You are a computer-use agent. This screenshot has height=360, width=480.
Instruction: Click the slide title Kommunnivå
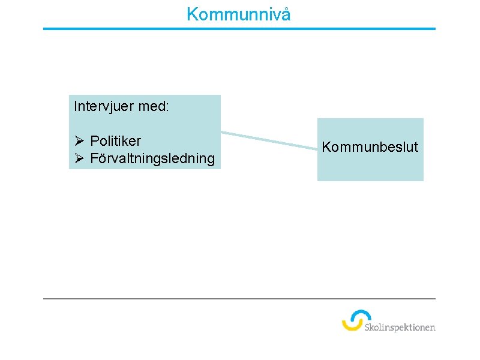(238, 14)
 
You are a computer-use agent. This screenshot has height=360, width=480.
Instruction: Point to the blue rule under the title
(239, 28)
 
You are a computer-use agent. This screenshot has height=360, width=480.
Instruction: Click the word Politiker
(116, 141)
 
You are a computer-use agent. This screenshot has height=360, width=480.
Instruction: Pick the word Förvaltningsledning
(152, 158)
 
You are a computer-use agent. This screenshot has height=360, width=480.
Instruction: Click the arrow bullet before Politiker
(79, 141)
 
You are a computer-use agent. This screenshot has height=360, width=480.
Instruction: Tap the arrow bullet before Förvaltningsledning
(79, 158)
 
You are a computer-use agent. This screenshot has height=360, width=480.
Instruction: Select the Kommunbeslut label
(370, 147)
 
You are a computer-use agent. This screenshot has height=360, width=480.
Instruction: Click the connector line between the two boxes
(269, 139)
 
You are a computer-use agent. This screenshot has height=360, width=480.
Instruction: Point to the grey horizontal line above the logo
(239, 298)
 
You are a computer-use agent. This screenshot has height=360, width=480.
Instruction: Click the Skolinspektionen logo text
(400, 327)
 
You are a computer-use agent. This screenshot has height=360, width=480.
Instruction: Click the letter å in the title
(286, 14)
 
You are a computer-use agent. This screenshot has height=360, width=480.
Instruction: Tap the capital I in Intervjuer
(76, 107)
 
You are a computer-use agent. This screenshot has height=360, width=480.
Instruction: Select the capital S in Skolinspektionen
(367, 327)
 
